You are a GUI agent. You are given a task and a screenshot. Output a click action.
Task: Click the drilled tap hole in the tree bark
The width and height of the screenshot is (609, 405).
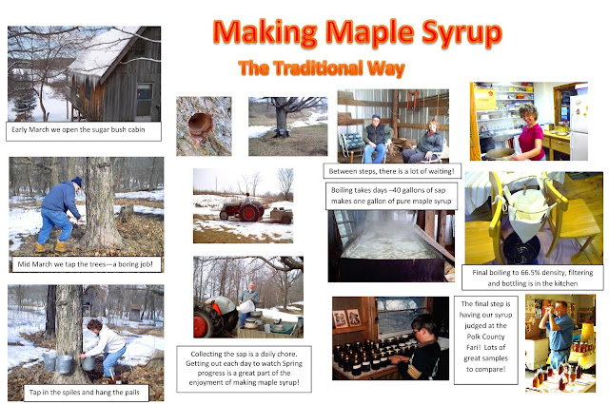[x=201, y=125]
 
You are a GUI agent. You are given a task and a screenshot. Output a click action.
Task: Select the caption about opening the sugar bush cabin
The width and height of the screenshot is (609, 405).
[x=83, y=131]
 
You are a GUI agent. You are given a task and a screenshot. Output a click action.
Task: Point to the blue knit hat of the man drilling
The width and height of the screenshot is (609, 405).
[x=77, y=182]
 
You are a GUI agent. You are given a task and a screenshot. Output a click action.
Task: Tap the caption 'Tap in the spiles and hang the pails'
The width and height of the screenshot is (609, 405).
[x=85, y=393]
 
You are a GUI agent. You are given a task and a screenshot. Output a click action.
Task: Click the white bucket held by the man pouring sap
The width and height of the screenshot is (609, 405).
[x=246, y=306]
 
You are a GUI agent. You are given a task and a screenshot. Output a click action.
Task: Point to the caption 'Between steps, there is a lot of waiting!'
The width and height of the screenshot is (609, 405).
[x=392, y=171]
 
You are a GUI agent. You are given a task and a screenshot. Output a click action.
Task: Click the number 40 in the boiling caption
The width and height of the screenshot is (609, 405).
[x=396, y=190]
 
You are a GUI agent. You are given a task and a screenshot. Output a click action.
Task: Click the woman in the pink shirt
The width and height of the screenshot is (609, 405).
[x=530, y=132]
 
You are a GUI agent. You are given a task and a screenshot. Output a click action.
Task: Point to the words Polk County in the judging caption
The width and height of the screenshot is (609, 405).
[x=485, y=337]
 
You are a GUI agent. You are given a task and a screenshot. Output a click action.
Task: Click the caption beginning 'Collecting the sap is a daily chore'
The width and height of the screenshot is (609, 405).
[x=244, y=369]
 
